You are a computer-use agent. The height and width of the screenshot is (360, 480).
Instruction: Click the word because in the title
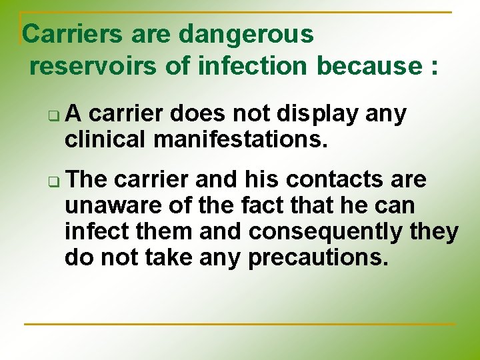[368, 66]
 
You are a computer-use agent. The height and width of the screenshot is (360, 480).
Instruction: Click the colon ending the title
[435, 67]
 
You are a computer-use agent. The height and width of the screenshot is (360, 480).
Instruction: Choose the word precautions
[318, 257]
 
